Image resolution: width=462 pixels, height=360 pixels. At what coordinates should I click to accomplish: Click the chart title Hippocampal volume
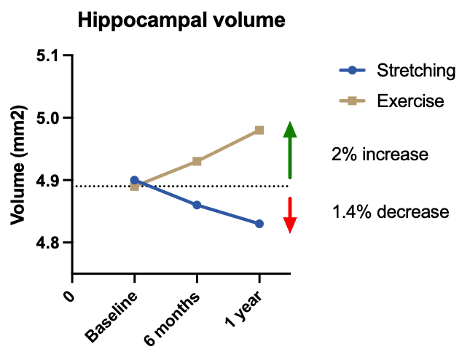(x=181, y=20)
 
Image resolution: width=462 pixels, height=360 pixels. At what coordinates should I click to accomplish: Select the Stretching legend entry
(x=416, y=71)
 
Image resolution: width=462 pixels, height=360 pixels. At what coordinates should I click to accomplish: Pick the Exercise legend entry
(x=410, y=101)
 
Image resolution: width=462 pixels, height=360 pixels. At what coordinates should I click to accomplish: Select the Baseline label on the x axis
(x=111, y=317)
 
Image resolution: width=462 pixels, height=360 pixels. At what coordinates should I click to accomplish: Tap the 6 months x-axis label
(x=173, y=317)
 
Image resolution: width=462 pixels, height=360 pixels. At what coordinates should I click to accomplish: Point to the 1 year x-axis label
(x=242, y=310)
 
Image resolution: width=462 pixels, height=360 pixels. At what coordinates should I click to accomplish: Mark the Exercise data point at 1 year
(x=259, y=130)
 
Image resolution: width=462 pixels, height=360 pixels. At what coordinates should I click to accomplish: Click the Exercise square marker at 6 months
(x=197, y=161)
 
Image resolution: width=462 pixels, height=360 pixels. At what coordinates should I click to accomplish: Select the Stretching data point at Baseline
(x=134, y=179)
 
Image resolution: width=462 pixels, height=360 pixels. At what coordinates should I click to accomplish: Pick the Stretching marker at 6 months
(x=197, y=206)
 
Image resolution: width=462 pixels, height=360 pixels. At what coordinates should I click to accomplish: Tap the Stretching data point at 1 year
(x=259, y=224)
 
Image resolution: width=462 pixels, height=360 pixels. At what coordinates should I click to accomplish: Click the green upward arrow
(x=290, y=149)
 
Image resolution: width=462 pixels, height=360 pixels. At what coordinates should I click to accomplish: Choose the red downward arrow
(x=290, y=214)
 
